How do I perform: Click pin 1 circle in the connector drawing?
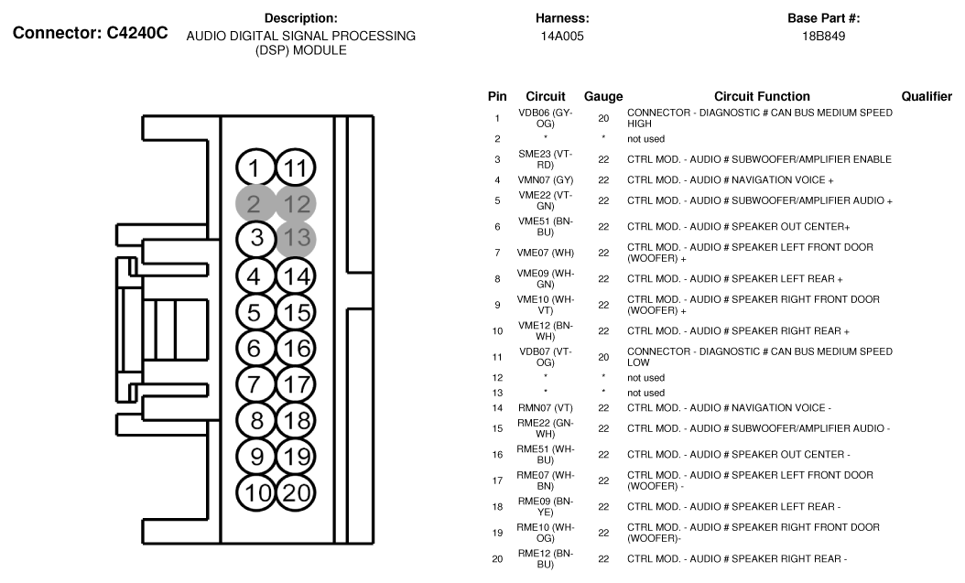[x=255, y=168]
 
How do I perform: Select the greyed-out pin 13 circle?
[x=296, y=239]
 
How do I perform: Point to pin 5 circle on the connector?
[x=255, y=312]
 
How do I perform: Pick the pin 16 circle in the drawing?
[x=296, y=348]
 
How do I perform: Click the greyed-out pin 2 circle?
[x=255, y=203]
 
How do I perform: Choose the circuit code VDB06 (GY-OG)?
[x=545, y=117]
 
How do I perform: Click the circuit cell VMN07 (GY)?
[x=545, y=179]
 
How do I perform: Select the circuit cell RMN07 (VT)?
[x=545, y=407]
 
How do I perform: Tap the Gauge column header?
[x=603, y=96]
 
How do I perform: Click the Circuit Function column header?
[x=762, y=96]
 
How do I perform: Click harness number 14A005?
[x=562, y=37]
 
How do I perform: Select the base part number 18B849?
[x=823, y=37]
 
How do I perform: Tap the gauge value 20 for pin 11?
[x=603, y=357]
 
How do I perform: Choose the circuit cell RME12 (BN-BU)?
[x=545, y=559]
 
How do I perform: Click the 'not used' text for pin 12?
[x=645, y=377]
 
